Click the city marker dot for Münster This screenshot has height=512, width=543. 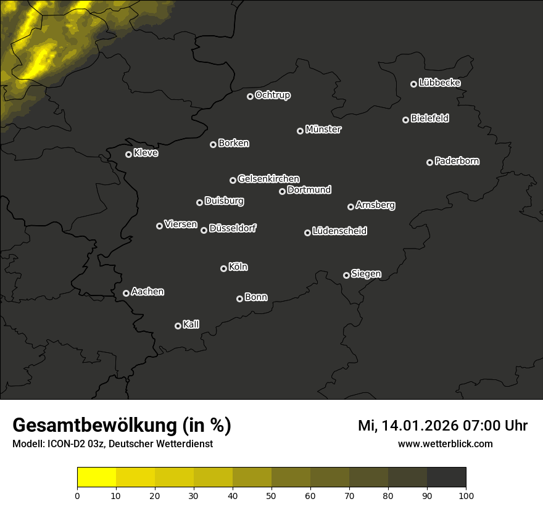300,131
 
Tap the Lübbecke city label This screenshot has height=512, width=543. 439,83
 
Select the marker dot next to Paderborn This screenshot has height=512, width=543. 429,162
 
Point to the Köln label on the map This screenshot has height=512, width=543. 238,267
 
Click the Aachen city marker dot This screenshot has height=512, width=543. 126,293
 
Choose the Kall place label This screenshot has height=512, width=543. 191,324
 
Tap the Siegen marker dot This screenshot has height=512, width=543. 346,275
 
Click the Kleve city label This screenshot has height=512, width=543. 146,153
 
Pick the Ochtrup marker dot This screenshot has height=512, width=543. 250,96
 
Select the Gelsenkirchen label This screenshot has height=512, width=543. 268,179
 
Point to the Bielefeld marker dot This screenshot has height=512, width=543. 405,120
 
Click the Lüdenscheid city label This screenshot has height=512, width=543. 339,231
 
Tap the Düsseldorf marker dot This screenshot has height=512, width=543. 204,230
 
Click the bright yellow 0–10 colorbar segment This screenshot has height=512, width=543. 97,477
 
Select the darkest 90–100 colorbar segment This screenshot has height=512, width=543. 446,477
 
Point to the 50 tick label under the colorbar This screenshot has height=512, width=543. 271,495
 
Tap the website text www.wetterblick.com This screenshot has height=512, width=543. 446,444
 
